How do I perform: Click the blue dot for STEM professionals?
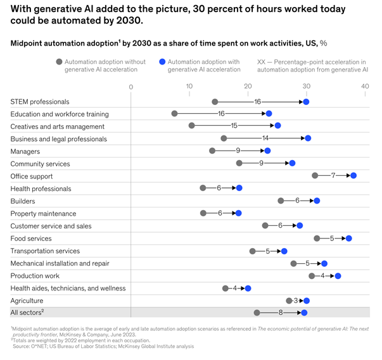(x=306, y=102)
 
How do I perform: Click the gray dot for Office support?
(x=315, y=175)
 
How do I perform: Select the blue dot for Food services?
(x=348, y=238)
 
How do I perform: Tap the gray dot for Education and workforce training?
(x=174, y=114)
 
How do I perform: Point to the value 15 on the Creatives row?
(x=234, y=126)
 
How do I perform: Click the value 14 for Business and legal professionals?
(x=265, y=139)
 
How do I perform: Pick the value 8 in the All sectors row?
(x=280, y=313)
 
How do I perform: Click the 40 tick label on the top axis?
(x=365, y=86)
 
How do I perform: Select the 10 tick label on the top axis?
(x=189, y=86)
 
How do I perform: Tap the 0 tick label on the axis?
(x=131, y=86)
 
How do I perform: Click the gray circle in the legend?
(x=59, y=62)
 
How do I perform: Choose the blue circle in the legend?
(x=162, y=62)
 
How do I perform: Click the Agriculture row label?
(x=27, y=301)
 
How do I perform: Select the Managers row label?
(x=25, y=151)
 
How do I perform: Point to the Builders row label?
(x=23, y=201)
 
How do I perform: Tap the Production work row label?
(x=35, y=276)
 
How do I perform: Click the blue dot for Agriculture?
(x=307, y=301)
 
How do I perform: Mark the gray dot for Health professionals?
(x=203, y=188)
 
